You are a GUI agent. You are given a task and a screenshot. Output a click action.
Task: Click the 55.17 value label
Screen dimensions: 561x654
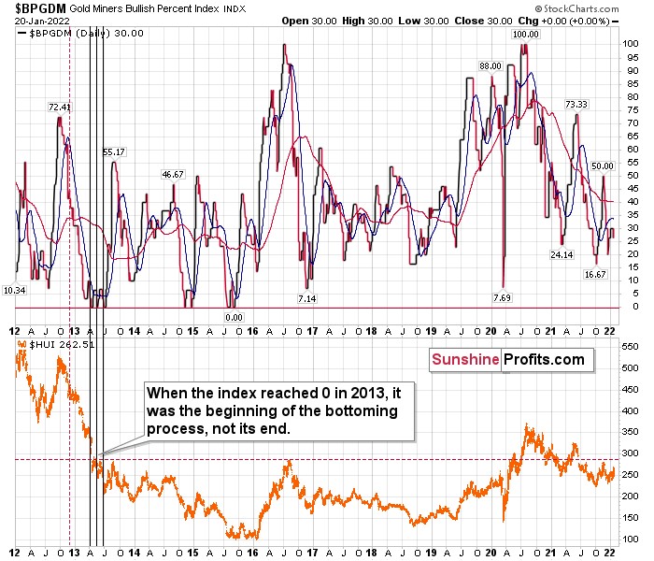115,151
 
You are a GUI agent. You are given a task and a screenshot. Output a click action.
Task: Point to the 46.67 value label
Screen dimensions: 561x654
173,174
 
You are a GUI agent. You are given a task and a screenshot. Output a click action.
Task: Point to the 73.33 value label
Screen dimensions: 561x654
575,105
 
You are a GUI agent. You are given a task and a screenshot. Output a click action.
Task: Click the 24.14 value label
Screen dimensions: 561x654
562,254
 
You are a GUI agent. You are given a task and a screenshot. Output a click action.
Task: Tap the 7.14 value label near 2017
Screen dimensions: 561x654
307,297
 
